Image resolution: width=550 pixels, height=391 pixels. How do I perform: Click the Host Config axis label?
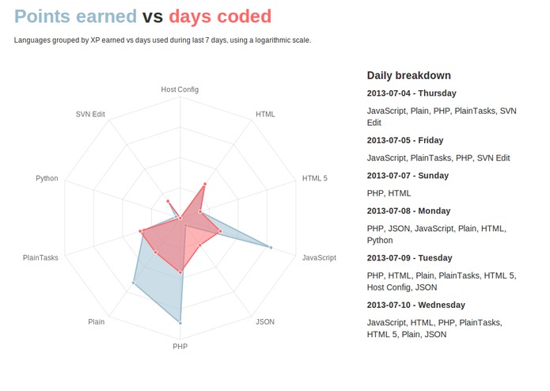(180, 89)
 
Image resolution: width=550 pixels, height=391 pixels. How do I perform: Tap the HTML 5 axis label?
(314, 178)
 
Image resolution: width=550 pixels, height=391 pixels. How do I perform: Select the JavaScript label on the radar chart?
(319, 257)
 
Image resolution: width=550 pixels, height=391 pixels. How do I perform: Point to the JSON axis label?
(265, 321)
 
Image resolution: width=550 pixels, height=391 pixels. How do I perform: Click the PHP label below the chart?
(180, 346)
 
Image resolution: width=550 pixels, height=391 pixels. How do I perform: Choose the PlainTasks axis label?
(40, 257)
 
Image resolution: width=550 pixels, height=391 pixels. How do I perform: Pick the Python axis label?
(47, 178)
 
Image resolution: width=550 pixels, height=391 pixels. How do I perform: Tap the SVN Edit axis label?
(90, 114)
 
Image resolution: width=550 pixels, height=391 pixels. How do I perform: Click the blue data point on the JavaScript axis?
(271, 248)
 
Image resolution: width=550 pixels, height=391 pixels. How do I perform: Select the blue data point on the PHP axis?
(180, 323)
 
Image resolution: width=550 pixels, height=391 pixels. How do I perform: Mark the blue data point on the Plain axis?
(134, 283)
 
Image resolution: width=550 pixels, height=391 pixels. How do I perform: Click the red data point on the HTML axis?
(204, 184)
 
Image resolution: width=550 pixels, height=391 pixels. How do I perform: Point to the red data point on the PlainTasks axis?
(141, 231)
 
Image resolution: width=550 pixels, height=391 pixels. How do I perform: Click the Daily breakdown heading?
(408, 75)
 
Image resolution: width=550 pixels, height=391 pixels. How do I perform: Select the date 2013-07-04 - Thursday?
(412, 93)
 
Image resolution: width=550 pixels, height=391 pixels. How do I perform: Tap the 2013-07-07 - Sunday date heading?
(408, 176)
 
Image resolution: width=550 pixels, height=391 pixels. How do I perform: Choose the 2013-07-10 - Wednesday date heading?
(415, 305)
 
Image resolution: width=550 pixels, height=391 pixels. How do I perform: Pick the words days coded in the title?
(220, 16)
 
